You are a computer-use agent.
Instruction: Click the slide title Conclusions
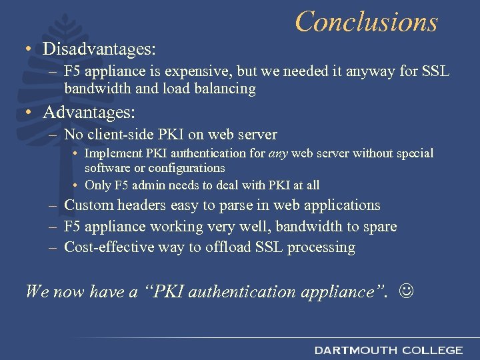(366, 21)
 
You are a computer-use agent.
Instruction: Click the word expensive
(195, 72)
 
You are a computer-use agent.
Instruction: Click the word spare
(379, 227)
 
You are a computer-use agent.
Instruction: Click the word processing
(323, 248)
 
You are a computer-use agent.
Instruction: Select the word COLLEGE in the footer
(432, 350)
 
